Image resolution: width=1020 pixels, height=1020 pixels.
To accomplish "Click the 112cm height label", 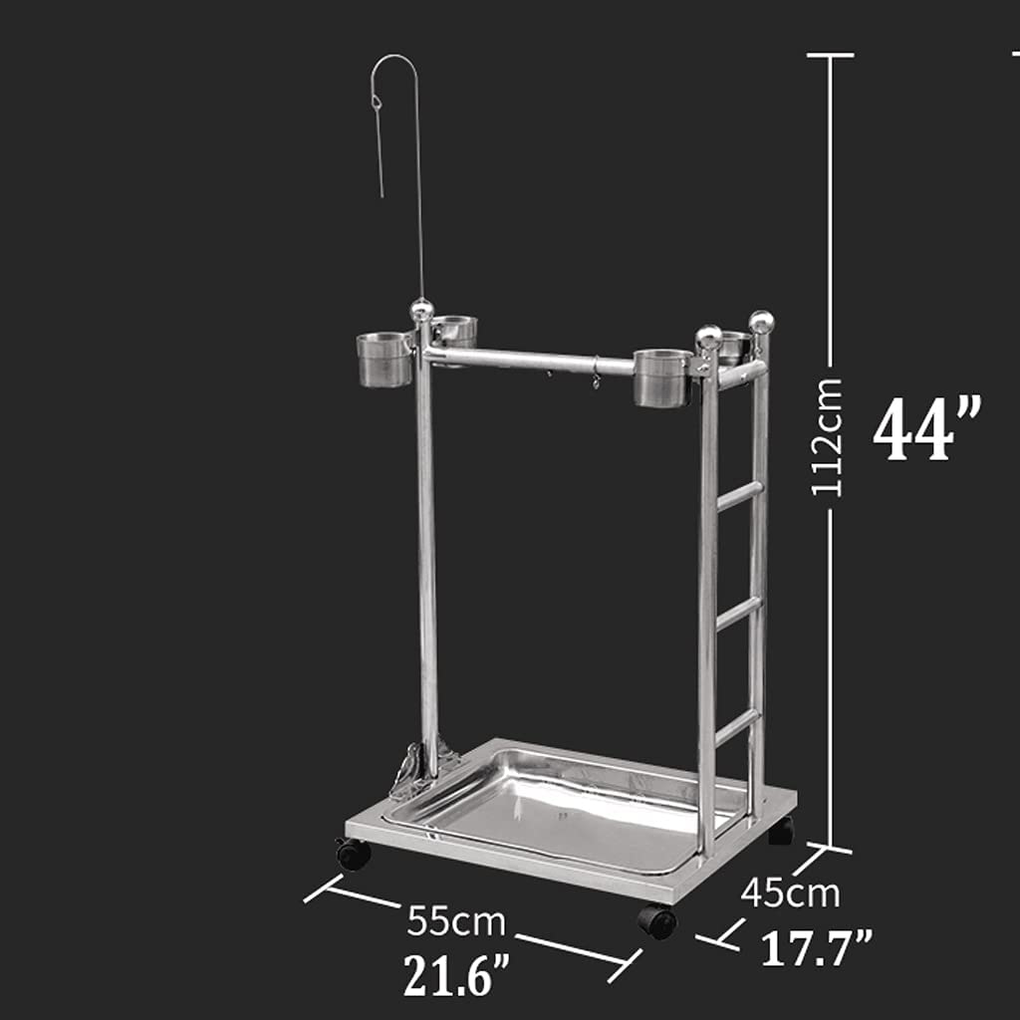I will point(826,437).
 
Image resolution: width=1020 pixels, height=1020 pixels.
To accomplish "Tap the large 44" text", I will point(926,428).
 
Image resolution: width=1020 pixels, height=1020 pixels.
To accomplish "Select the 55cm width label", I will point(455,921).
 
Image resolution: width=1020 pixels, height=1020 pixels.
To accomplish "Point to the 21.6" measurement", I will point(456,975).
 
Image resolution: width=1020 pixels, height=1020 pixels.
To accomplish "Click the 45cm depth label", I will point(790,893).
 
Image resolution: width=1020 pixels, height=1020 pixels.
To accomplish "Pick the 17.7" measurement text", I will point(817,947).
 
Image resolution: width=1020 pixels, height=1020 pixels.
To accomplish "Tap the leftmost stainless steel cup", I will point(383,360).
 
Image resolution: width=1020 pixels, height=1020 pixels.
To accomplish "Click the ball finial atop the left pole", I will point(422,311).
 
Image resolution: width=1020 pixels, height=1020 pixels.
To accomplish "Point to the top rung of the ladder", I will point(738,495).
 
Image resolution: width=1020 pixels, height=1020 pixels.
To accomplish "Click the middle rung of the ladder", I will point(738,612).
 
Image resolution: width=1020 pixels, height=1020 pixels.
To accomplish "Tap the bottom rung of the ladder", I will point(737,726).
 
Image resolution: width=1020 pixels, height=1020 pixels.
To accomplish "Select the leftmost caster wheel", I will point(354,853).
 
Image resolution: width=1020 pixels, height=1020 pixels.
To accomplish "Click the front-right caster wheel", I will point(657,920).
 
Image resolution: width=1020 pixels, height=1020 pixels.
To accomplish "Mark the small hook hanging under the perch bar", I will point(596,379).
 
